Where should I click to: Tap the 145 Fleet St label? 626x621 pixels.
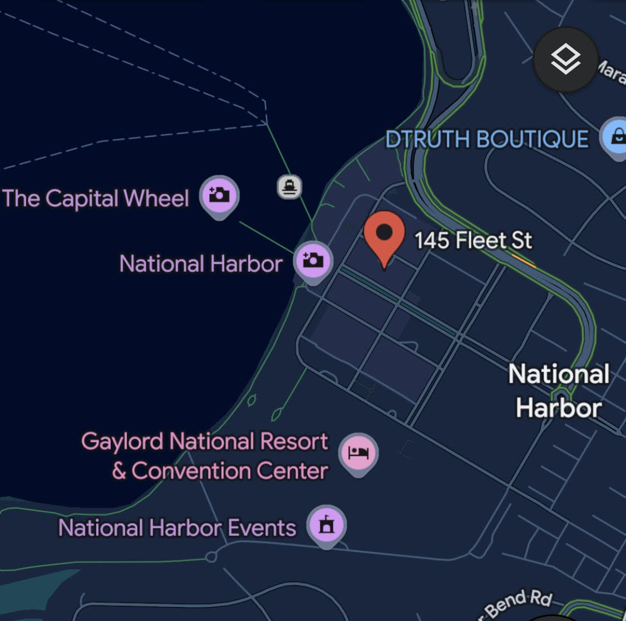(473, 241)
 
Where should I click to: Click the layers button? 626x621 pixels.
(566, 59)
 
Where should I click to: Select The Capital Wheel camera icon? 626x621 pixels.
(219, 194)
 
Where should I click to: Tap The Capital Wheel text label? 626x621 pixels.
(96, 198)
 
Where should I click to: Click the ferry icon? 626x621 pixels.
(289, 186)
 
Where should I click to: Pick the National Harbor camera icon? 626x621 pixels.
(313, 260)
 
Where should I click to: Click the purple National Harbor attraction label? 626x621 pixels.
(201, 263)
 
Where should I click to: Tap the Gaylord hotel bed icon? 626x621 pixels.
(359, 452)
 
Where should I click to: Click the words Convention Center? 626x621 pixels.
(229, 471)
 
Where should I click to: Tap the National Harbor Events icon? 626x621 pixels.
(327, 525)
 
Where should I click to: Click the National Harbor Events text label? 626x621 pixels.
(177, 527)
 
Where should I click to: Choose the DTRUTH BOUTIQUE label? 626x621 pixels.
(487, 139)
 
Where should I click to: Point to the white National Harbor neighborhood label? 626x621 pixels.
(559, 390)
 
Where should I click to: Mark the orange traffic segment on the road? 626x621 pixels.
(524, 260)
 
